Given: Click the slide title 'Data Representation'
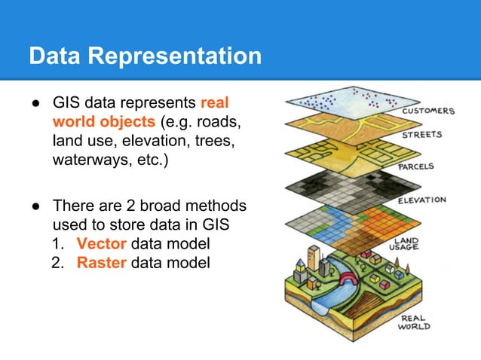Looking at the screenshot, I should coord(145,56).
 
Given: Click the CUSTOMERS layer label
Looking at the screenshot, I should coord(428,111).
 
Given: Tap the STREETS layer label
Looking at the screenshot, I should coord(421,136).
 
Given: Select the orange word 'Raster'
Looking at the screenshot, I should coord(102,263).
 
